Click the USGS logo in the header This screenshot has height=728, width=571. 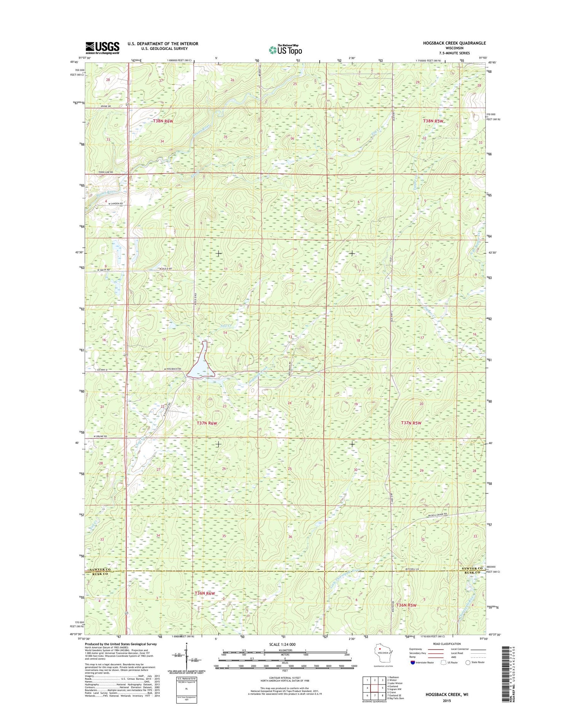tap(102, 48)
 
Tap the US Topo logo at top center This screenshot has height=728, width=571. tap(285, 49)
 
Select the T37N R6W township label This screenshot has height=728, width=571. tap(207, 423)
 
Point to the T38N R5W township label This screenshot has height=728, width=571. tap(434, 121)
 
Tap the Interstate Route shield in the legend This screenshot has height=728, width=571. tap(413, 662)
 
